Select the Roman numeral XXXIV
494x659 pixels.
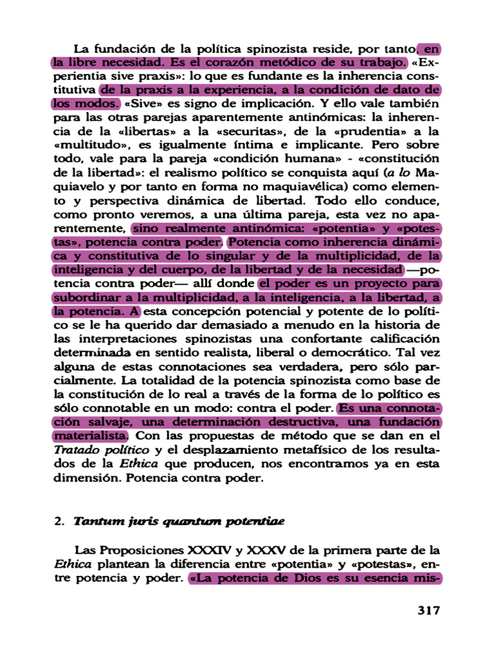(x=208, y=551)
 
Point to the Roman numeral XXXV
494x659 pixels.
(x=265, y=551)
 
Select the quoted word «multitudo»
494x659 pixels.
(x=83, y=145)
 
